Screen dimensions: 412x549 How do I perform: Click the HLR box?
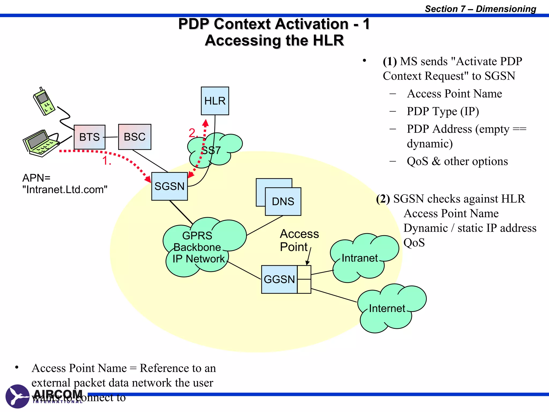(x=215, y=101)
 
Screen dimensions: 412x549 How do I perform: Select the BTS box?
(x=90, y=137)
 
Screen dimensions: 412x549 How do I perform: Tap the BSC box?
(x=135, y=137)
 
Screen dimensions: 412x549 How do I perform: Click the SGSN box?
(x=169, y=186)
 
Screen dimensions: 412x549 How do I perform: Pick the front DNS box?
(x=283, y=201)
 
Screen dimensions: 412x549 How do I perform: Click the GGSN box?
(x=279, y=279)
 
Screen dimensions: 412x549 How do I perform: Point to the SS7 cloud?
(x=214, y=150)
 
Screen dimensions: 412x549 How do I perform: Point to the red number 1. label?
(x=106, y=161)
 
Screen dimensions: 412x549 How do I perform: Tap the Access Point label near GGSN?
(x=299, y=240)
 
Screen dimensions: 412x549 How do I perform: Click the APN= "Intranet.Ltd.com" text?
(x=64, y=184)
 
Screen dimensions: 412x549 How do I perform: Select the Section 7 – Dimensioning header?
(x=480, y=9)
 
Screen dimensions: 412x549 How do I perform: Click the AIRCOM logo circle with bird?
(x=17, y=396)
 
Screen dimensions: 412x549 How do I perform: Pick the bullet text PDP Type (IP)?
(x=443, y=111)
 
